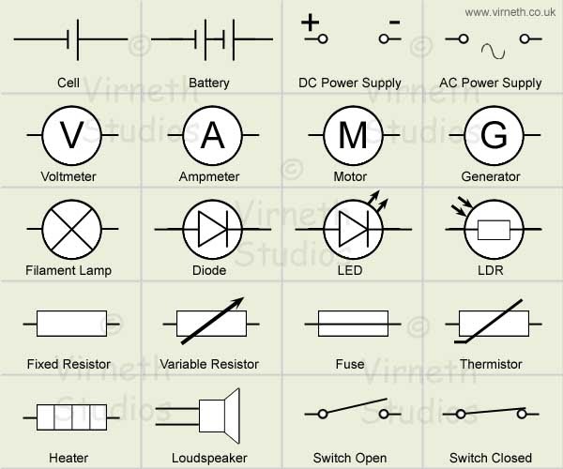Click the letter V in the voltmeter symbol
[x=71, y=137]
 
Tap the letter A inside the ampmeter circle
[x=213, y=137]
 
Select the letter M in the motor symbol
[x=353, y=137]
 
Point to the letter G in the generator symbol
[x=493, y=137]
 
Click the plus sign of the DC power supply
[x=311, y=20]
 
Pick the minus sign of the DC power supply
[x=394, y=20]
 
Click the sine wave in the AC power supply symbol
[x=492, y=49]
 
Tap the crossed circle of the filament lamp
[x=71, y=228]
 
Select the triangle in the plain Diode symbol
[x=209, y=228]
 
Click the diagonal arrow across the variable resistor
[x=211, y=321]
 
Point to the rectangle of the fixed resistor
[x=69, y=323]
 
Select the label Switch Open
[x=350, y=458]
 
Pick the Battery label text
[x=209, y=83]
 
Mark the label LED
[x=350, y=270]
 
